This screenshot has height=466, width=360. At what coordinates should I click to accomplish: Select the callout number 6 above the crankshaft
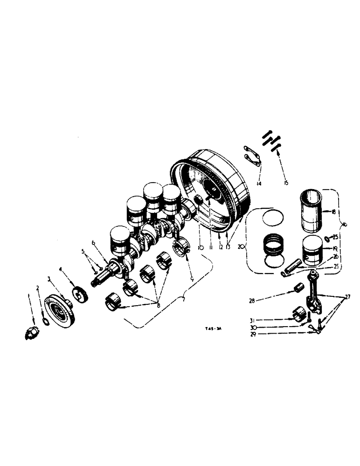tap(94, 242)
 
